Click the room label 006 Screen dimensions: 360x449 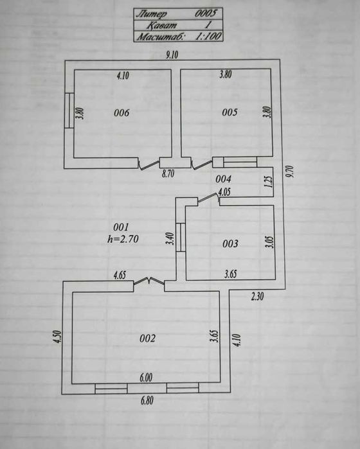[122, 112]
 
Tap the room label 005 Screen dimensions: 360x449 [230, 112]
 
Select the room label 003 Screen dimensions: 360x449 [230, 243]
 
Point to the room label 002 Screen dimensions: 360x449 [148, 339]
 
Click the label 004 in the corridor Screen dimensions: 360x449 [223, 179]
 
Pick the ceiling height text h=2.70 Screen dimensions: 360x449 [123, 239]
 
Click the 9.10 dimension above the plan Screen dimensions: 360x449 [172, 55]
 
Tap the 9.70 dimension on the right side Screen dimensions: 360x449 [291, 172]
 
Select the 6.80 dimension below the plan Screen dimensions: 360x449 [147, 400]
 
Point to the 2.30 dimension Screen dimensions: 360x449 [257, 296]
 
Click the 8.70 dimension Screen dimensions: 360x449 [168, 173]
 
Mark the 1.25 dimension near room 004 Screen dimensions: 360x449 [269, 182]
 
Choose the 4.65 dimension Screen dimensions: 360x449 [120, 276]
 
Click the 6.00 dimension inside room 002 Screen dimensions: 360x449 [146, 378]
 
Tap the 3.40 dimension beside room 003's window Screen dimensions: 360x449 [170, 238]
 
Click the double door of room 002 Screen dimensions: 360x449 [149, 281]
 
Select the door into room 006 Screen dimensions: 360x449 [148, 164]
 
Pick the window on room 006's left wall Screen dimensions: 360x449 [69, 110]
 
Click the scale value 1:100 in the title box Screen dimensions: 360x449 [208, 36]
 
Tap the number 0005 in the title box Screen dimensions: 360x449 [206, 13]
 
